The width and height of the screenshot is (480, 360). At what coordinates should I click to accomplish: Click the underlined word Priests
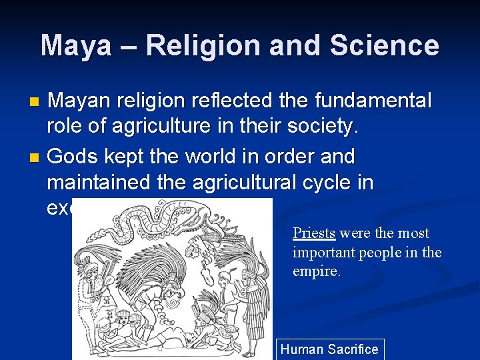coord(313,233)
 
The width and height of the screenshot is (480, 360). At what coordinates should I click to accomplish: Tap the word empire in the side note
coord(316,272)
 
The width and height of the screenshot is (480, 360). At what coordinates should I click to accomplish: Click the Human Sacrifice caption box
coord(329,349)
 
